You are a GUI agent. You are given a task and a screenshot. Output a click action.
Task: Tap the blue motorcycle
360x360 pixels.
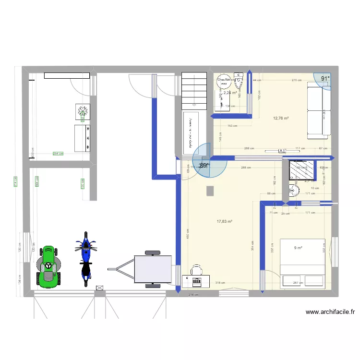tap(86, 259)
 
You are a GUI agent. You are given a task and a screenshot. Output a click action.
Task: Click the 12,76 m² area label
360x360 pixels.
tap(281, 118)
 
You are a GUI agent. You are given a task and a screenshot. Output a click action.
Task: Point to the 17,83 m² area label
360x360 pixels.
tap(224, 221)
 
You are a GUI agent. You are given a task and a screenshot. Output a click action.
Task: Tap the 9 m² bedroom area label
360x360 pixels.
tap(298, 248)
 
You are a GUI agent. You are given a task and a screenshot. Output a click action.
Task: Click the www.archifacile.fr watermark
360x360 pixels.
tap(330, 312)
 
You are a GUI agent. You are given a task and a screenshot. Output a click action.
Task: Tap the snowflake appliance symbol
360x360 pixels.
tap(83, 112)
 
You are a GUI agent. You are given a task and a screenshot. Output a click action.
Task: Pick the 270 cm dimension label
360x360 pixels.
tap(297, 80)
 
